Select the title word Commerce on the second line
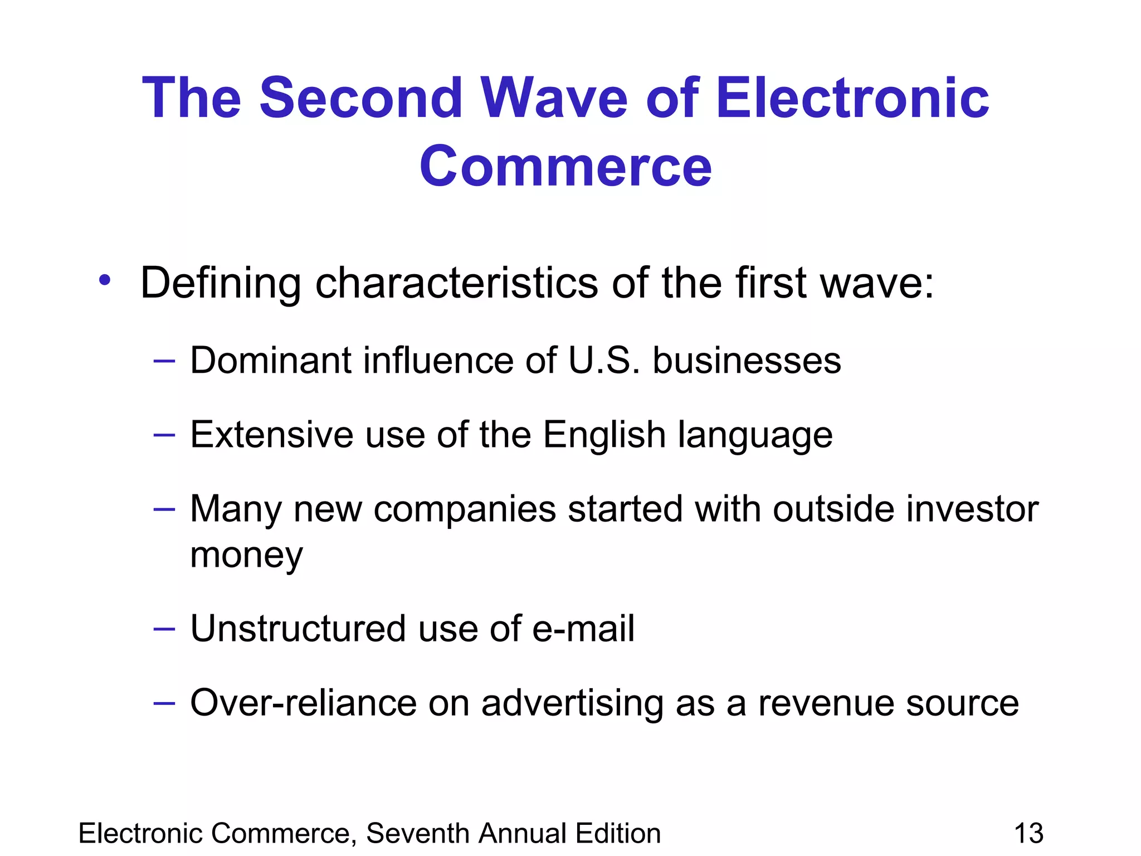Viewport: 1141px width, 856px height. click(x=565, y=167)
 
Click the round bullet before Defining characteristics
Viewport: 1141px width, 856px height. click(x=104, y=280)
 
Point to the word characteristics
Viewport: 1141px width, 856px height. click(x=457, y=283)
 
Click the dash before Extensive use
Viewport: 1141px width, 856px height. click(x=164, y=435)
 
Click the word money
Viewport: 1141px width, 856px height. click(x=246, y=555)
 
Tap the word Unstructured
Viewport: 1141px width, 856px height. click(x=298, y=629)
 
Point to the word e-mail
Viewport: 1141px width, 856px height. click(x=583, y=629)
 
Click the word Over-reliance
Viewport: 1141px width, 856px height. click(x=303, y=703)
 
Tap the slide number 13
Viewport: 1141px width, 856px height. click(x=1028, y=834)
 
